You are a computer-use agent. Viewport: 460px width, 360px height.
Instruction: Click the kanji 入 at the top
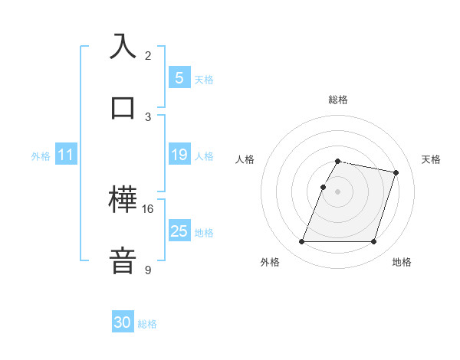coord(123,47)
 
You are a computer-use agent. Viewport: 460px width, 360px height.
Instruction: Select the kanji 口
coord(123,106)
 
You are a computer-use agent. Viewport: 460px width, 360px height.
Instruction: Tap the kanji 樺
coord(123,200)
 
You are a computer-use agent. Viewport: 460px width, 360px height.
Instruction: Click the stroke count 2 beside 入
coord(148,55)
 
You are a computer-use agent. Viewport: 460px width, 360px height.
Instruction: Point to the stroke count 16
coord(148,208)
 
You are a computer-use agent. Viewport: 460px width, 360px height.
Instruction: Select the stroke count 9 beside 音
coord(148,270)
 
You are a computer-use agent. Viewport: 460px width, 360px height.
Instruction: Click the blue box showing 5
coord(179,77)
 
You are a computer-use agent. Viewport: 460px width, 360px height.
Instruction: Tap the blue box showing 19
coord(179,155)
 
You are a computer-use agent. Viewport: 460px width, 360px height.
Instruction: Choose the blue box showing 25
coord(179,231)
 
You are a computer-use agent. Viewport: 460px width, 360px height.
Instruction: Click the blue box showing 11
coord(66,155)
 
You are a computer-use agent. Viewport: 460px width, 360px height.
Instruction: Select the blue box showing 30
coord(123,322)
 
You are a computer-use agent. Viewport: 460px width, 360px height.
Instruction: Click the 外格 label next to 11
coord(41,155)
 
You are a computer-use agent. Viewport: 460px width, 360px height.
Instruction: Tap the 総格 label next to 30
coord(147,324)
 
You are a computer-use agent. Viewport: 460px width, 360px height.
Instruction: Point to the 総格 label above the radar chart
coord(337,100)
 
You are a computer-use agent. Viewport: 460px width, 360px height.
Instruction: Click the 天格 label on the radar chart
coord(432,159)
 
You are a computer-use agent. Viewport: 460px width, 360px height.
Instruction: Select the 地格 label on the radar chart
coord(402,262)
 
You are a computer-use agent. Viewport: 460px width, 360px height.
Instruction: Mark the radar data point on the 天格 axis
coord(396,173)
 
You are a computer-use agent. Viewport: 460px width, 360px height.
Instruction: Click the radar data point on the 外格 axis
coord(301,242)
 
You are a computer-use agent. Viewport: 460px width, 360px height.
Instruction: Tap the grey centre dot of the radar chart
coord(337,191)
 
